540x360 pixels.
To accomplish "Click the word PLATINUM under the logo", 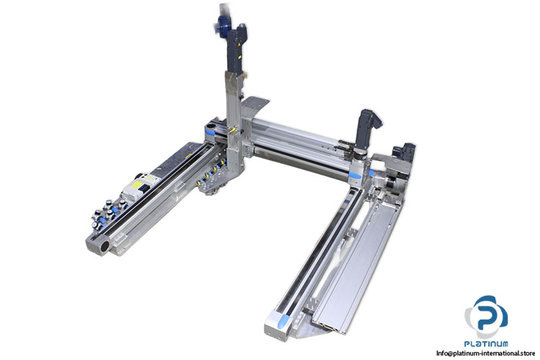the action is pyautogui.click(x=486, y=343).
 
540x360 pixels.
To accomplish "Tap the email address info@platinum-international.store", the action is pyautogui.click(x=485, y=353).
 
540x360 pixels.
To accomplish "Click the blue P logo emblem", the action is pyautogui.click(x=486, y=316).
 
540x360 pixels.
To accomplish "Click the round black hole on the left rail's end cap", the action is pyautogui.click(x=104, y=246).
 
